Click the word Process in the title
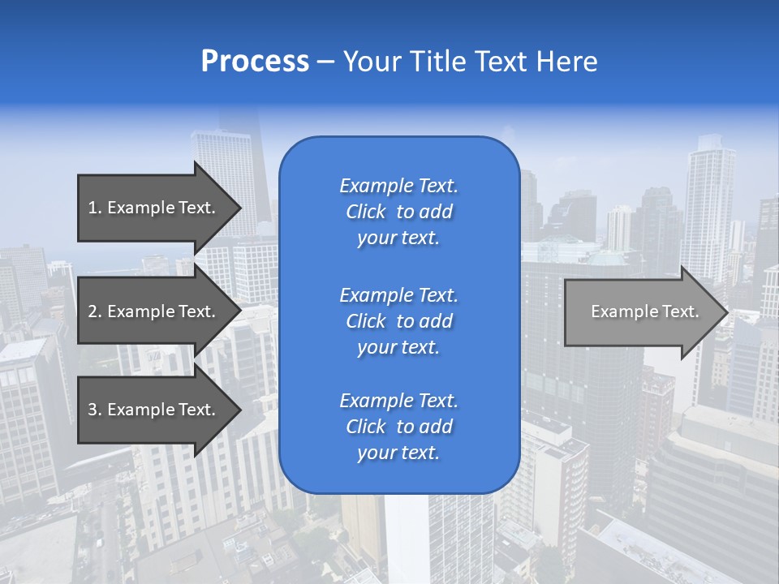[255, 62]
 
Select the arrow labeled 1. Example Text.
[154, 208]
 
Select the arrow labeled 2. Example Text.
[154, 311]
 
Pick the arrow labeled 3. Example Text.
[154, 410]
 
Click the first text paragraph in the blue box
[398, 212]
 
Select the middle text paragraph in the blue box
[398, 321]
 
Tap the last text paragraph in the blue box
[398, 427]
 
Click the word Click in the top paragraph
[365, 212]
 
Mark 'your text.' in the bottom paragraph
[398, 453]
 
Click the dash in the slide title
[326, 62]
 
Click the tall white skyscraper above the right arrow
[708, 203]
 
